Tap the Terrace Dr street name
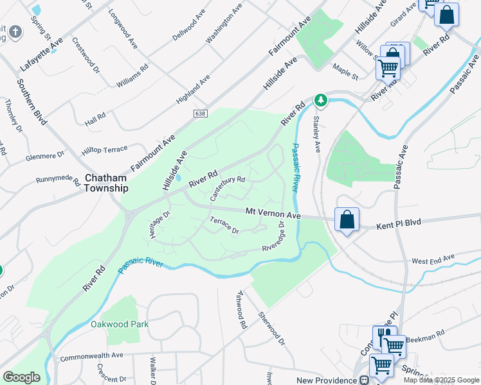223,226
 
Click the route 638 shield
201,113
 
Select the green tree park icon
321,100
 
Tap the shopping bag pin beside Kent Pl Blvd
347,220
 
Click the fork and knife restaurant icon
383,336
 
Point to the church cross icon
16,31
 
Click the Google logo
21,377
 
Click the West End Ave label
433,260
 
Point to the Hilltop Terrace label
104,150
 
